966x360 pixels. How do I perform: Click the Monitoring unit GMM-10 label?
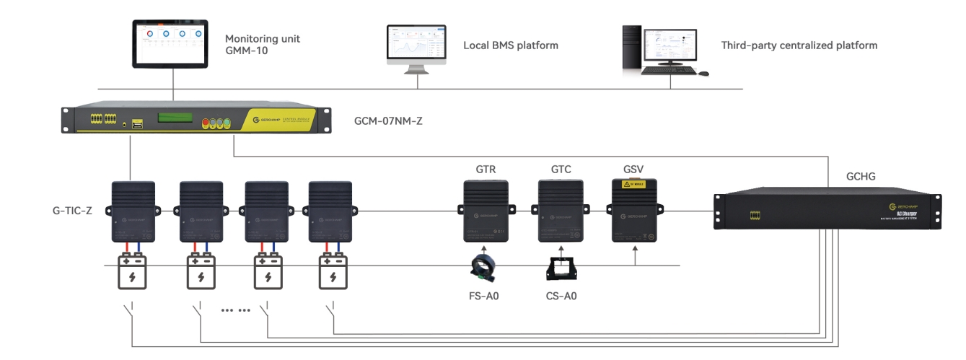263,45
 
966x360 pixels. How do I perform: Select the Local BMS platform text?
510,45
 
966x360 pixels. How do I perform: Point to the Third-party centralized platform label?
799,45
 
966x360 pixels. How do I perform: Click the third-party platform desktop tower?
632,48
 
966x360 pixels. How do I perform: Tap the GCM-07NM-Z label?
389,120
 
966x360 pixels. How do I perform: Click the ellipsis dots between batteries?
234,310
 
